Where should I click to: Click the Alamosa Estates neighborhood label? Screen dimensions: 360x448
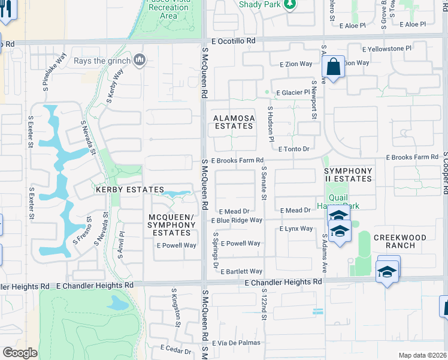tap(234, 122)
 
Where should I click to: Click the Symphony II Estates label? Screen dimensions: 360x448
tap(348, 175)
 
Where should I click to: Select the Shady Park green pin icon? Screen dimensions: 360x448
tap(290, 5)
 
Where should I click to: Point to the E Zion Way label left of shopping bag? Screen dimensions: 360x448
tap(295, 63)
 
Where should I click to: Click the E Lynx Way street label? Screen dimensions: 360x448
tap(296, 229)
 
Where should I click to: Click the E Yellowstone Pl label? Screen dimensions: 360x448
tap(387, 49)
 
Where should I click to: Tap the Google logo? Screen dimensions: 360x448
tap(20, 353)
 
